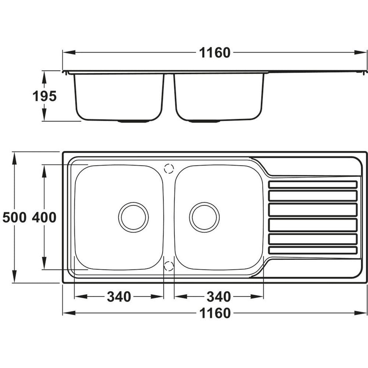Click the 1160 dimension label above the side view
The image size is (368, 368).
(215, 53)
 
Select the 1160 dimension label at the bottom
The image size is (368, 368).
(215, 313)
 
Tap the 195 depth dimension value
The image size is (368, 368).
(45, 96)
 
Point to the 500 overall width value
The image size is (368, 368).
(14, 217)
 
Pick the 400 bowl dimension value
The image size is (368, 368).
(44, 217)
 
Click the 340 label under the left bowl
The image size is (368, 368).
(119, 297)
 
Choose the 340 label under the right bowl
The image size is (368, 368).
(219, 297)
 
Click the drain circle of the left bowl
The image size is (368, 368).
(134, 217)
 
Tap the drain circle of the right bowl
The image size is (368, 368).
(204, 217)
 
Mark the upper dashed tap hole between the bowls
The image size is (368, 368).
(169, 169)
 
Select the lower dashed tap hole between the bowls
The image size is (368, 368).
(169, 266)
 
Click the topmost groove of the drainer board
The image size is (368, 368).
(313, 184)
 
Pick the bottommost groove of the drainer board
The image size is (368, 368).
(313, 250)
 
